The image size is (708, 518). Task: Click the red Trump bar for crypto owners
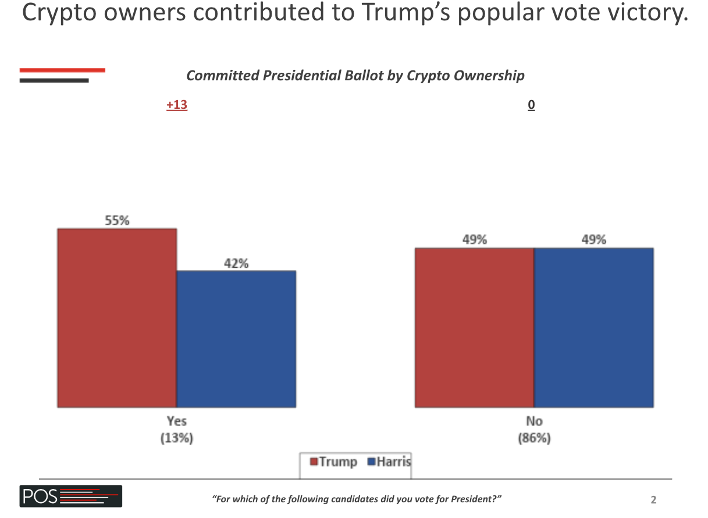pos(117,318)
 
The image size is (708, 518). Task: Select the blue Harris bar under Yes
pos(236,339)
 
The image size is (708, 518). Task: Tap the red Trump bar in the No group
pos(475,328)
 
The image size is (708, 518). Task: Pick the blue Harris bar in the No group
pos(593,328)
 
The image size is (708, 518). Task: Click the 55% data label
pos(117,221)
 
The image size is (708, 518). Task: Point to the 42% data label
pos(236,263)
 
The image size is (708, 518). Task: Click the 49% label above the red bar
pos(475,240)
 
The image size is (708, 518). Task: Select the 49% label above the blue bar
pos(593,240)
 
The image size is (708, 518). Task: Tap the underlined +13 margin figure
pos(177,105)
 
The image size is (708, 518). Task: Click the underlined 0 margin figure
pos(531,105)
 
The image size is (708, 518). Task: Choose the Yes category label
pos(177,421)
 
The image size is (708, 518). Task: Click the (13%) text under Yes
pos(177,438)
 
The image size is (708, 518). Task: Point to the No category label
pos(534,421)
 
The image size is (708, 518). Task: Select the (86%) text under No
pos(534,438)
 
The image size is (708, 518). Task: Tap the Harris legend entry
pos(389,462)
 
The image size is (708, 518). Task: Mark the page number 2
pos(653,499)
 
